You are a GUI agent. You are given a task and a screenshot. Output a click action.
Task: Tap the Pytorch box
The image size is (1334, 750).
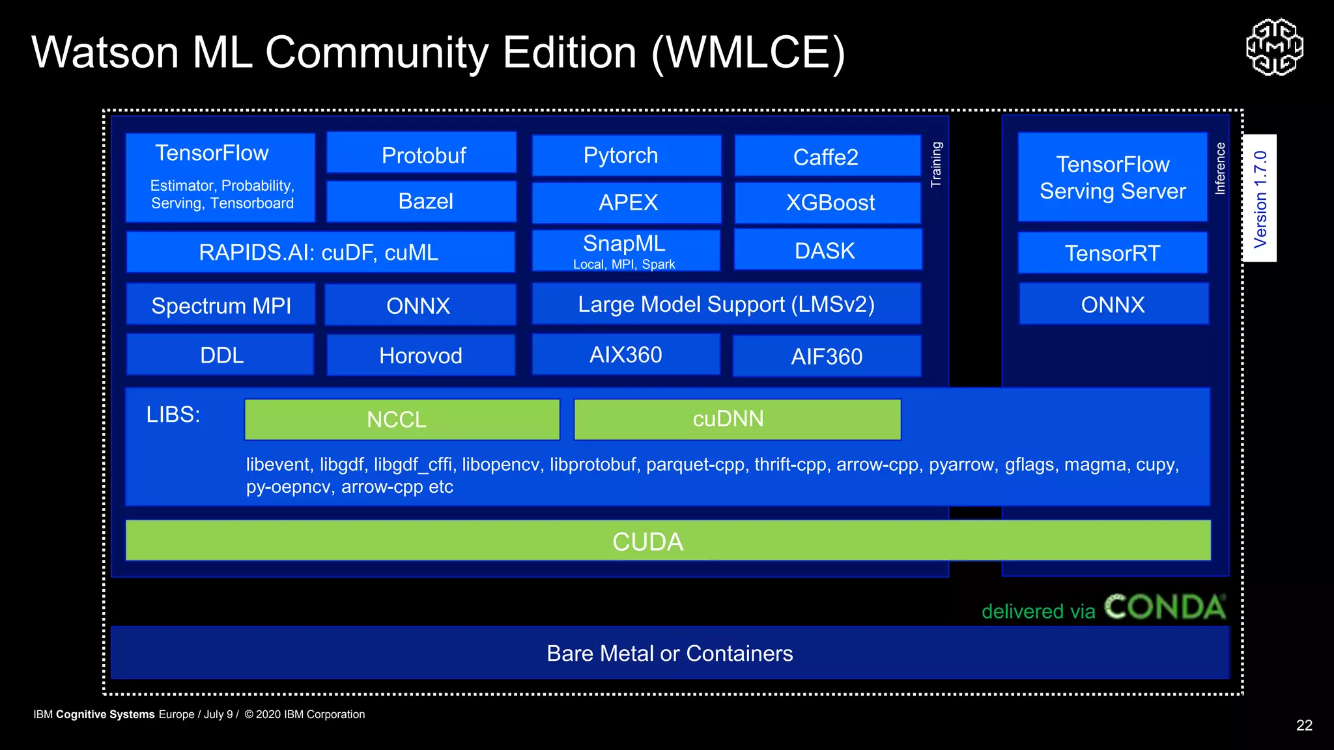pyautogui.click(x=626, y=156)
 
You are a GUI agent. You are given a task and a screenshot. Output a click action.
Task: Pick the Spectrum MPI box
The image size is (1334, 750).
pyautogui.click(x=221, y=305)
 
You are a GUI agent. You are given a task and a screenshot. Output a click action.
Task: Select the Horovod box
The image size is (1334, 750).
pyautogui.click(x=421, y=355)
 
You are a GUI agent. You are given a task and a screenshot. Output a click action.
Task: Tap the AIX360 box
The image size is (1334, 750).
pyautogui.click(x=626, y=355)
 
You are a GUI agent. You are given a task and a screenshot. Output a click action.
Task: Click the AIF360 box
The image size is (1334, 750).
pyautogui.click(x=827, y=356)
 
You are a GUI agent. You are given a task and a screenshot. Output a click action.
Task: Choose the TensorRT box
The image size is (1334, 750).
pyautogui.click(x=1113, y=253)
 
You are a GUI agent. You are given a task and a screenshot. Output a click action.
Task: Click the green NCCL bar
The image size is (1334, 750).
pyautogui.click(x=402, y=419)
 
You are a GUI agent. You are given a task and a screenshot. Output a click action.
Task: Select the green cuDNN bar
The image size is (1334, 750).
pyautogui.click(x=737, y=419)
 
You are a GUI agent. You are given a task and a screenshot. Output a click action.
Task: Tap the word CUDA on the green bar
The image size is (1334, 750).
pyautogui.click(x=647, y=541)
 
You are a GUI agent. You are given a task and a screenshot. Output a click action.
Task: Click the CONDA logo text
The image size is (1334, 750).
pyautogui.click(x=1165, y=607)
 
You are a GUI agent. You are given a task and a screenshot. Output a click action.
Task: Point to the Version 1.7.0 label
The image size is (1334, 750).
pyautogui.click(x=1260, y=199)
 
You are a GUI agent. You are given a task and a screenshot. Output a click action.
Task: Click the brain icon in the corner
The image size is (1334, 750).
pyautogui.click(x=1275, y=47)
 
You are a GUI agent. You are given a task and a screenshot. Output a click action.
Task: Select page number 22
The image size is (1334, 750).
pyautogui.click(x=1304, y=725)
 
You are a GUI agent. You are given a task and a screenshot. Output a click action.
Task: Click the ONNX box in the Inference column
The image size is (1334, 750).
pyautogui.click(x=1113, y=304)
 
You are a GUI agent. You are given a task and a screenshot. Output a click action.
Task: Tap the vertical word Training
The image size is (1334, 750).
pyautogui.click(x=936, y=164)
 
